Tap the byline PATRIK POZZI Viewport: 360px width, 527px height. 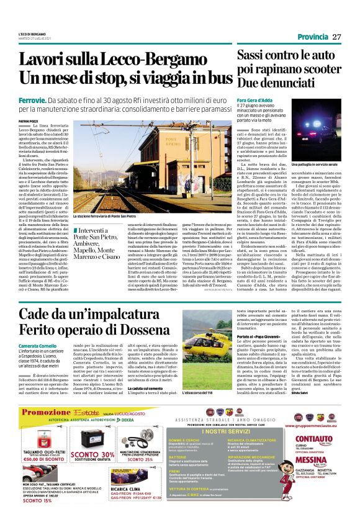point(27,122)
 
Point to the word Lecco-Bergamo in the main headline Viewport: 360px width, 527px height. point(143,60)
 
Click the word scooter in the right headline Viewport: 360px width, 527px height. point(317,68)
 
